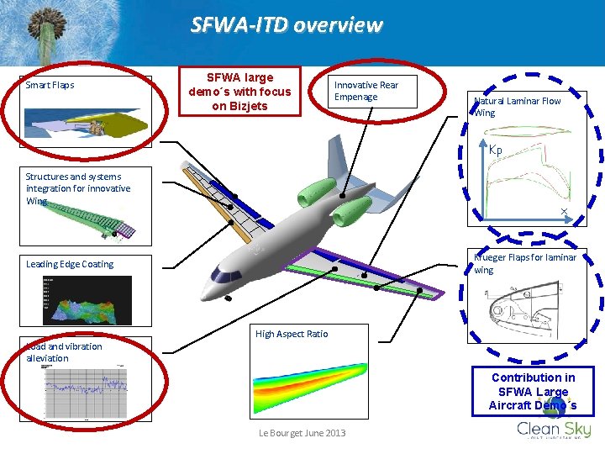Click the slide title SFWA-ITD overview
286,25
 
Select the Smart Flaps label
50,85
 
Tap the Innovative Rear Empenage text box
366,91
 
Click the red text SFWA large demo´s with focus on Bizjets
239,91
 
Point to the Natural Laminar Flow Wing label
517,107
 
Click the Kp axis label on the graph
496,151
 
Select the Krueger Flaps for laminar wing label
525,264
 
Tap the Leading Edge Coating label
69,264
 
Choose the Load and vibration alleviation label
64,352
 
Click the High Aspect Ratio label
292,334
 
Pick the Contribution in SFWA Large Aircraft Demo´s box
533,391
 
